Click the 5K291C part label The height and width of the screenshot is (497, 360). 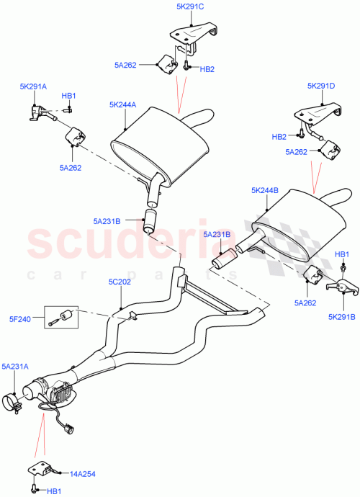[186, 6]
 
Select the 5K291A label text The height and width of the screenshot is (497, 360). [32, 86]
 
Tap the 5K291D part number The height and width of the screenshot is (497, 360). [321, 86]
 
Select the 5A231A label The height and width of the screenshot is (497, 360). [16, 367]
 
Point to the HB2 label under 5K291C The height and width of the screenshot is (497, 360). [207, 69]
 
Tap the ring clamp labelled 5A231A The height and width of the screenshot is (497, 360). [14, 398]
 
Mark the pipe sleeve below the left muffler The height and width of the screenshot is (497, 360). [152, 220]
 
